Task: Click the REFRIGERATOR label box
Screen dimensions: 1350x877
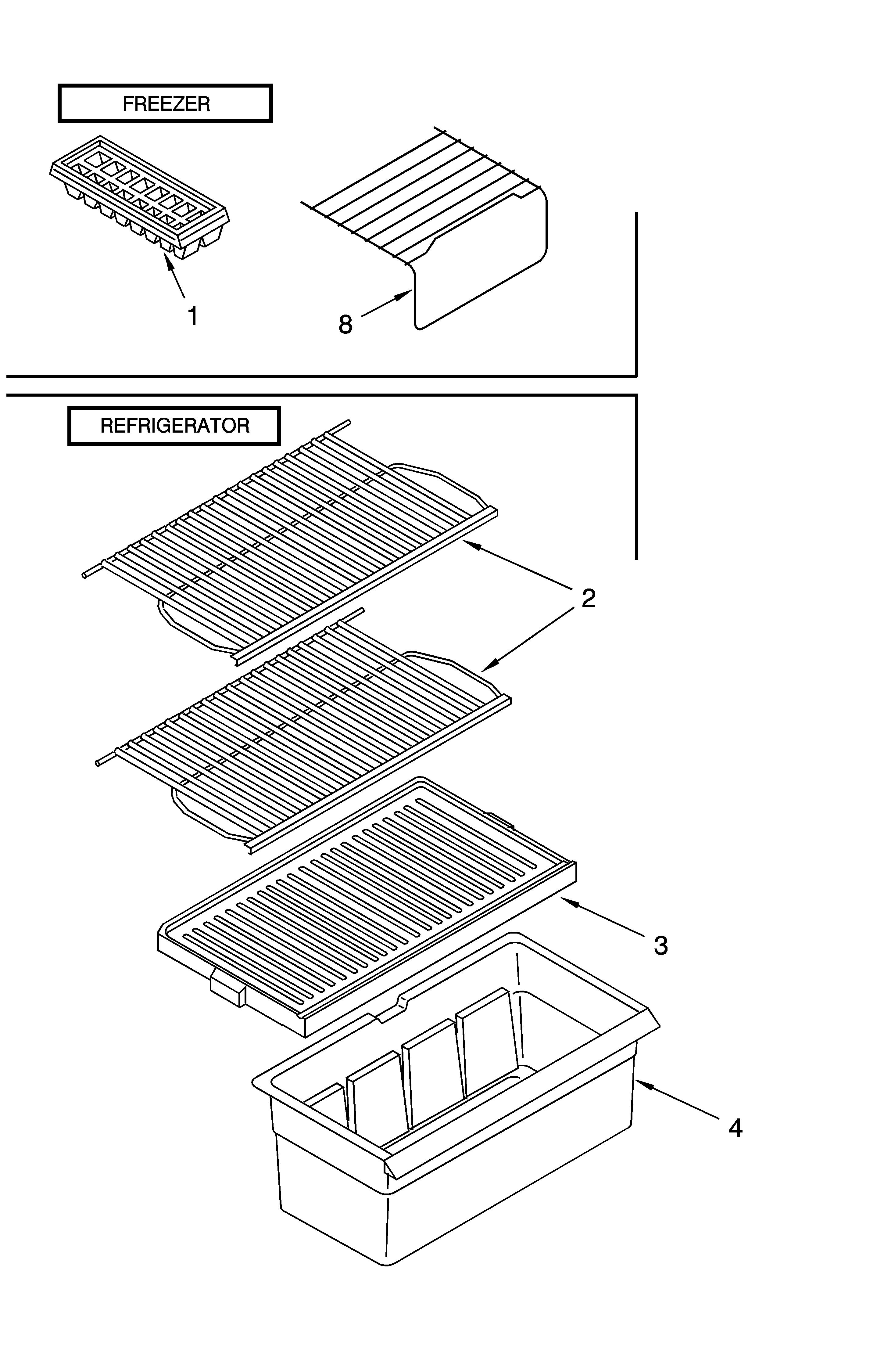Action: [x=174, y=425]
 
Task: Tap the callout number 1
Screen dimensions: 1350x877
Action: [x=193, y=316]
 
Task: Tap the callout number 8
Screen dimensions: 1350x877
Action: [x=345, y=324]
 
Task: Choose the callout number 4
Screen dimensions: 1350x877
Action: [x=735, y=1128]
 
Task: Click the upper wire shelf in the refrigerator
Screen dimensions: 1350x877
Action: [x=289, y=539]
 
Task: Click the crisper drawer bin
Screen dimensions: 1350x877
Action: [x=453, y=1134]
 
